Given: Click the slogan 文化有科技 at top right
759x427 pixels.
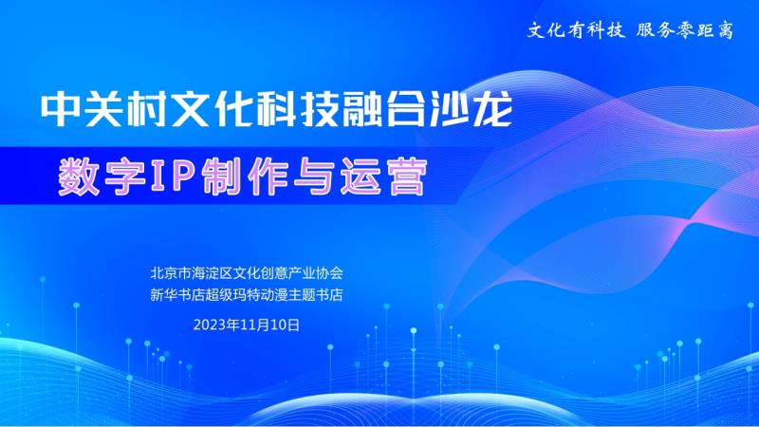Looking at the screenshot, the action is [576, 30].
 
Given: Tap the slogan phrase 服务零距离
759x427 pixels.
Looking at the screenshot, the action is [685, 30].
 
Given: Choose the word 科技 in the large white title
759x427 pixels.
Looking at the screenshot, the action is [297, 110].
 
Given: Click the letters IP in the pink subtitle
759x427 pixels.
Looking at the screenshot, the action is [173, 176].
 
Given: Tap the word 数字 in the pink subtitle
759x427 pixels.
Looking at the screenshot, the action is [102, 176].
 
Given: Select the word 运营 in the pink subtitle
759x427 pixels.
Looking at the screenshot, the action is [383, 176].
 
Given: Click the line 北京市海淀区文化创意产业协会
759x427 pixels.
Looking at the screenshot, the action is [247, 273].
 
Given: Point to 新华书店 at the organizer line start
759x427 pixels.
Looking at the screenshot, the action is [177, 295].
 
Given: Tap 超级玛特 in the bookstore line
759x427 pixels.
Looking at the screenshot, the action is [232, 295].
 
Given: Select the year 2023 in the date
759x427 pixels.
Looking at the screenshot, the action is [210, 325].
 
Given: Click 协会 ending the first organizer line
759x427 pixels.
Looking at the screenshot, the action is [329, 273].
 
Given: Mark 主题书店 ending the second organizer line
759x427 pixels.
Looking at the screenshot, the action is [316, 295].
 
